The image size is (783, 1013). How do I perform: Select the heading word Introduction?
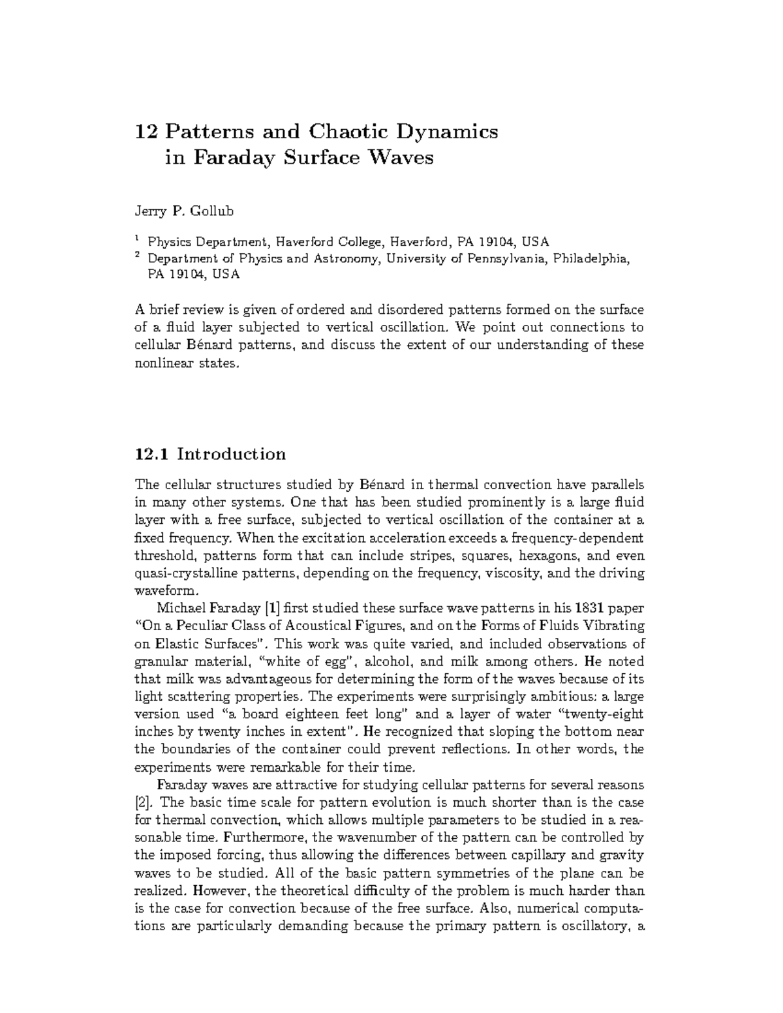232,454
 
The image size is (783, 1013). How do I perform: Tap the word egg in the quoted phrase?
322,661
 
